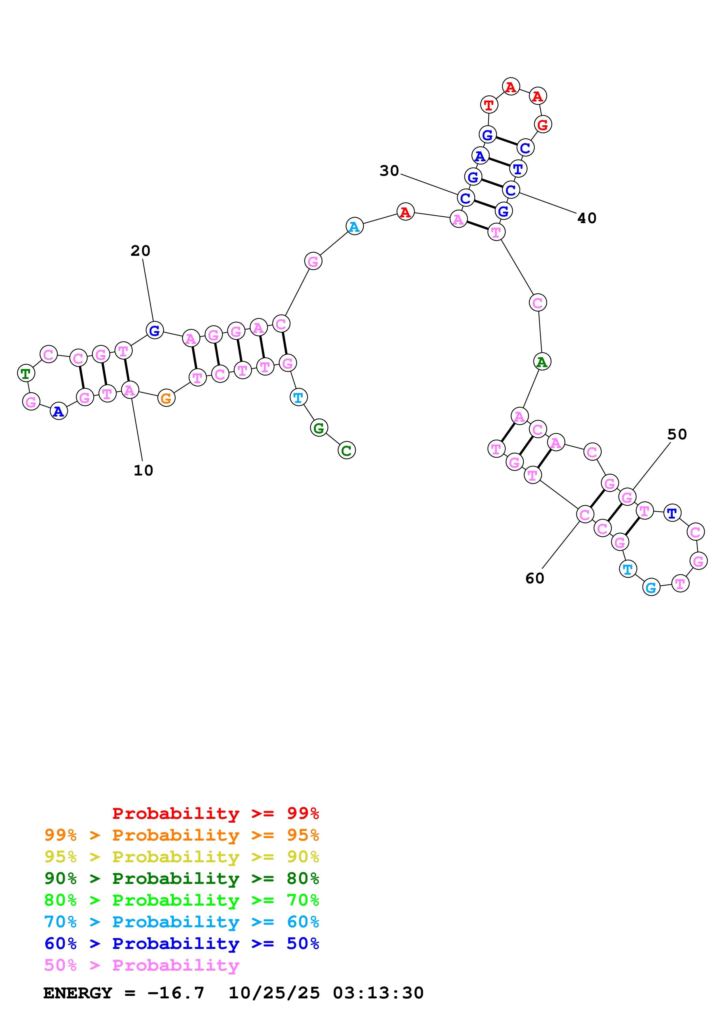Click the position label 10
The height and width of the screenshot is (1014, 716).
[x=143, y=470]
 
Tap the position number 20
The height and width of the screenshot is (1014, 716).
[x=140, y=251]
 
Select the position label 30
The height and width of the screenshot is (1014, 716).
[x=389, y=171]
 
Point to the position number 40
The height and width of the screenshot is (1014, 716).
[x=587, y=218]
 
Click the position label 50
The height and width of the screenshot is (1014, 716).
[x=677, y=434]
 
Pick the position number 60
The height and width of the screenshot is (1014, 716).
[x=535, y=579]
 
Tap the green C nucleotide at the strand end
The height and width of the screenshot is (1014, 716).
[x=347, y=450]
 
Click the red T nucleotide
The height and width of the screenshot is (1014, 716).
[x=489, y=105]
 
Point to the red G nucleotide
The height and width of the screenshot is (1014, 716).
[x=543, y=125]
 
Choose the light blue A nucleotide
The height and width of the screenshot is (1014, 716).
[x=355, y=227]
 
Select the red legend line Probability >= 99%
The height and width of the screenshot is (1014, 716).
[x=215, y=813]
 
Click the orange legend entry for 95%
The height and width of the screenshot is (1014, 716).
[x=182, y=835]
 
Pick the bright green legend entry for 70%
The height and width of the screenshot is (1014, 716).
[x=182, y=900]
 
